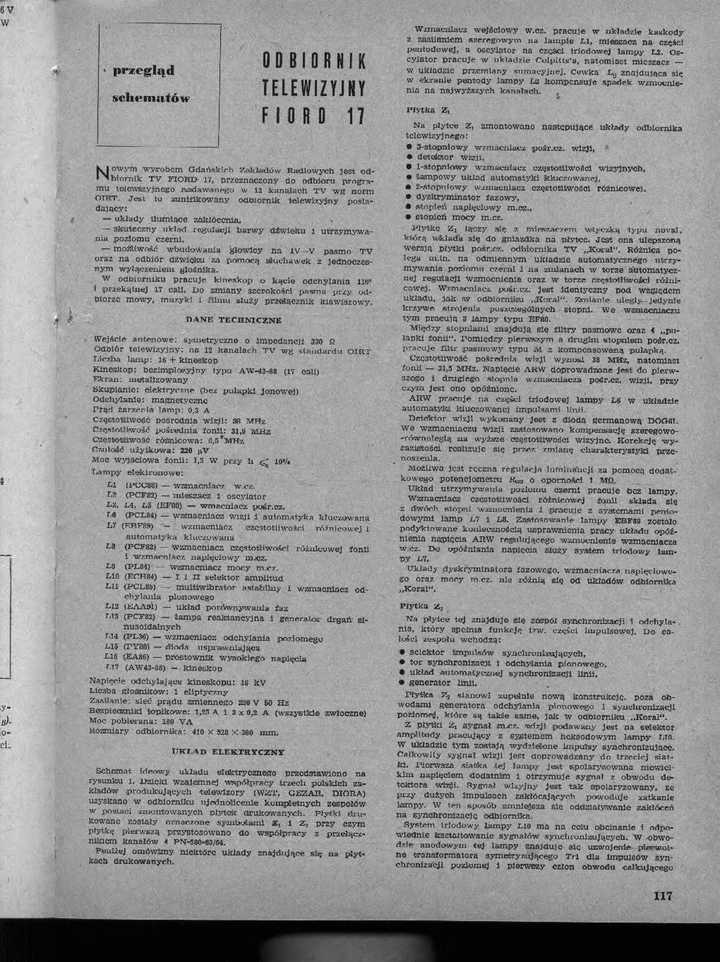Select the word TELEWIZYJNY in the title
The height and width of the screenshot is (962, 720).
[313, 88]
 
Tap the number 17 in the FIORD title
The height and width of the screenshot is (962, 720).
[349, 115]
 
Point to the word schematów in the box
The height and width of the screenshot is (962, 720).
[151, 98]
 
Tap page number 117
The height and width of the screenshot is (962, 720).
[663, 896]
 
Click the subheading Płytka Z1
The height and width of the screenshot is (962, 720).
[424, 110]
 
